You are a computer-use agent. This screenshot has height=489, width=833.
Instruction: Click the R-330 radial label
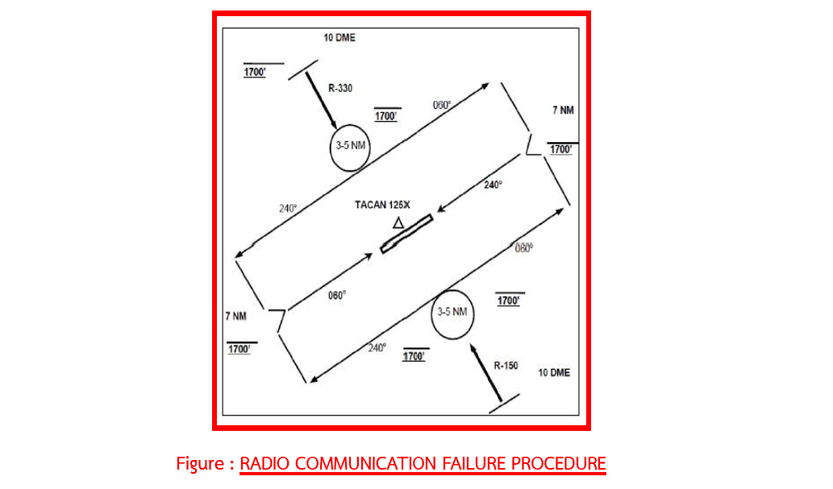tap(340, 88)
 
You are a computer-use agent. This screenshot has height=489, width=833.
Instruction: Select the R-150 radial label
tap(506, 366)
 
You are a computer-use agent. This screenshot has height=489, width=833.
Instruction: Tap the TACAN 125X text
tap(382, 205)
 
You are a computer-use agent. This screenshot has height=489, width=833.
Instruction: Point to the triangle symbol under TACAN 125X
tap(398, 224)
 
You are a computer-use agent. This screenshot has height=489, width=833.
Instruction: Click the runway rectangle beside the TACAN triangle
tap(406, 234)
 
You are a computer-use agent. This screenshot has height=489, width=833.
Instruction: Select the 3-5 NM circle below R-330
tap(331, 148)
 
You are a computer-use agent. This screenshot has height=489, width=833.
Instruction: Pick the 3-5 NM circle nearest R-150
tap(431, 315)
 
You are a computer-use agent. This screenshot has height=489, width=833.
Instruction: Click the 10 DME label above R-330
tap(339, 38)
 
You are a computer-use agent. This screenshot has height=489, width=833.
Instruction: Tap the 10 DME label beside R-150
tap(554, 373)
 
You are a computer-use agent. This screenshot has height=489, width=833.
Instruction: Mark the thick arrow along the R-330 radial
tap(321, 100)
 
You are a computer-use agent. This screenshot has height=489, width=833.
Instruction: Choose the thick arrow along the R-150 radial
tap(485, 373)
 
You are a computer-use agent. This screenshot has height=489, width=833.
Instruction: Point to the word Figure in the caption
tap(201, 464)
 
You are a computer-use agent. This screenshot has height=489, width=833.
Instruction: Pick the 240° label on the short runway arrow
tap(493, 185)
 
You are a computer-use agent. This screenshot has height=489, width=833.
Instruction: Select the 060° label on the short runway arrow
tap(337, 295)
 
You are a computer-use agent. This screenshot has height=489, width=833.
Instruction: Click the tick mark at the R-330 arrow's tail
tap(303, 70)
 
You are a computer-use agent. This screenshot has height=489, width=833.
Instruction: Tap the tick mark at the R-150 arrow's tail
tap(504, 404)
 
